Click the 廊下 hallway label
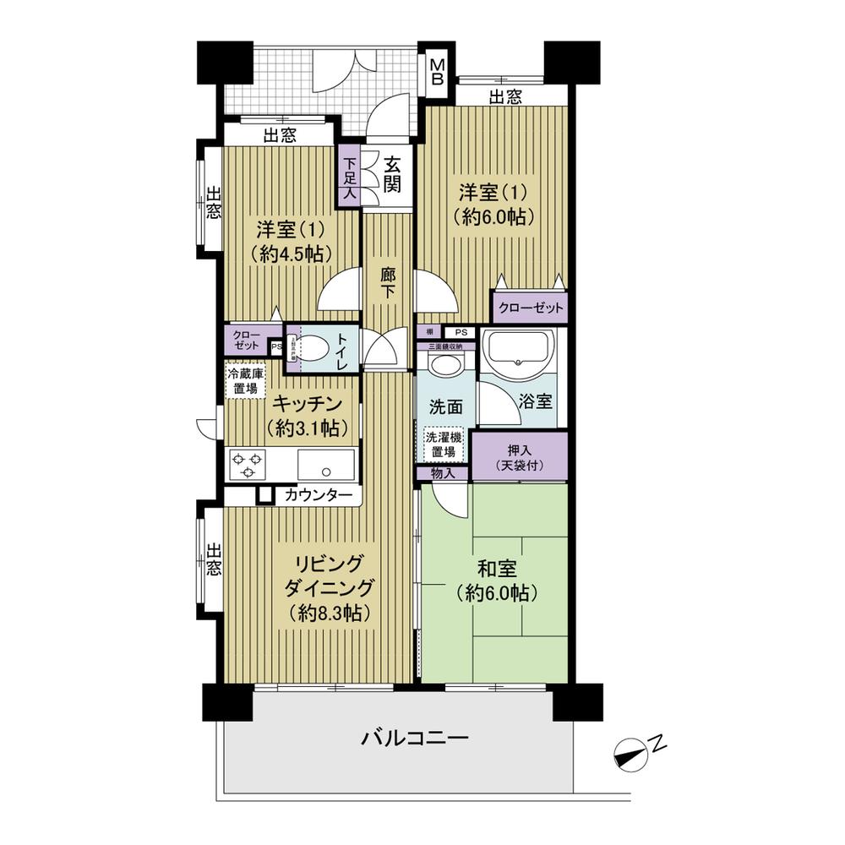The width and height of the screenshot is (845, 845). (388, 282)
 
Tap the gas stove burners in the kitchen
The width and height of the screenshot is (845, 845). (248, 464)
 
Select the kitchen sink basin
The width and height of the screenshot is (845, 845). (326, 464)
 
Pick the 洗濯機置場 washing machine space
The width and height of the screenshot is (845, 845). (444, 444)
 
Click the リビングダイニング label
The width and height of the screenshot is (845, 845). (330, 575)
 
